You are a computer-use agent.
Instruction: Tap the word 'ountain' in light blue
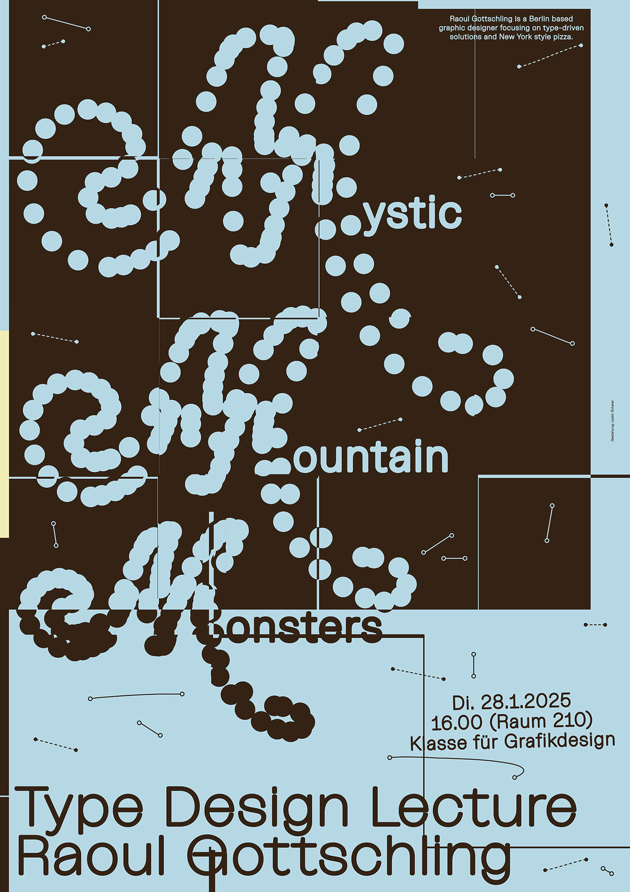coord(371,458)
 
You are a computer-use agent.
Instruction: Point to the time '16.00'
coord(457,723)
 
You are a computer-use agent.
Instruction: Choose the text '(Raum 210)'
coord(541,720)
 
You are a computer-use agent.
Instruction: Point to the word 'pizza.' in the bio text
coord(562,37)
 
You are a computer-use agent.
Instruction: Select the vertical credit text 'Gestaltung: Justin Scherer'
coord(612,421)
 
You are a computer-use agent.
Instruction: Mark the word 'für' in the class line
coord(488,742)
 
